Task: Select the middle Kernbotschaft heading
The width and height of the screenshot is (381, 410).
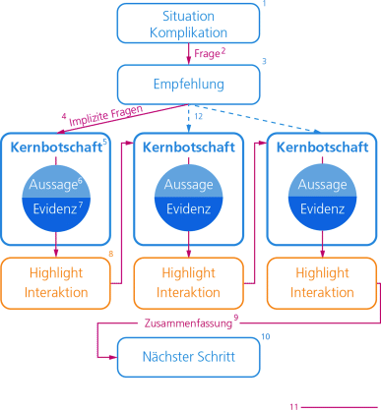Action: click(188, 147)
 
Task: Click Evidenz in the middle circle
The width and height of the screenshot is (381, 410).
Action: click(188, 210)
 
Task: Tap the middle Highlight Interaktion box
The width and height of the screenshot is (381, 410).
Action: click(188, 283)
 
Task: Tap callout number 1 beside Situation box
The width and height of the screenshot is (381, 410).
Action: click(264, 6)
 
